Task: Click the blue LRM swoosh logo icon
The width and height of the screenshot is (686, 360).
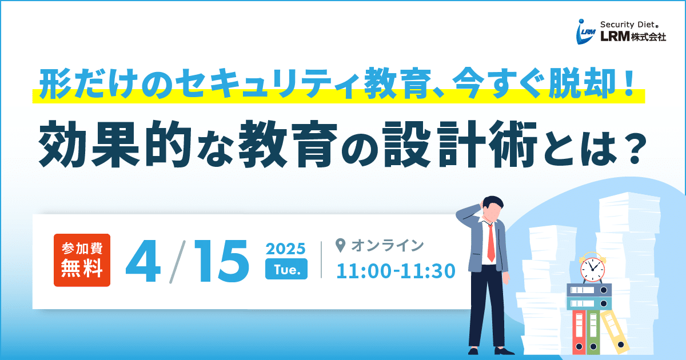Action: point(585,32)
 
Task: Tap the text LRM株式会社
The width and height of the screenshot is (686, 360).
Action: point(633,37)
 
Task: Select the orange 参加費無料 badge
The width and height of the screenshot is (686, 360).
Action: point(82,260)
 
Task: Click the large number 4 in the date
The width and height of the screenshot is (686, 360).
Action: point(143,261)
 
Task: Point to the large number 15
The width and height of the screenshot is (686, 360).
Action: point(221,261)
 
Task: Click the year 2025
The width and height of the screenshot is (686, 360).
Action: point(285,249)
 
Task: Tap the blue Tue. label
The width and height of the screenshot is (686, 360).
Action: point(286,269)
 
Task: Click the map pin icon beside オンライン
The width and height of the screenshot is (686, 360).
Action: point(341,246)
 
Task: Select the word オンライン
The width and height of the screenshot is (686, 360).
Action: point(388,246)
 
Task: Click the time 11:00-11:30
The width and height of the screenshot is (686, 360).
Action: point(396,271)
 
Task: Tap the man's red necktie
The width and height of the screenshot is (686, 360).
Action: point(490,243)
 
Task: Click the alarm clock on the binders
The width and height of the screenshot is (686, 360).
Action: point(593,268)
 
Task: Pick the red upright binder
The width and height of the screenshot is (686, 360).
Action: point(579,333)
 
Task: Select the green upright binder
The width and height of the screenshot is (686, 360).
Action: point(593,333)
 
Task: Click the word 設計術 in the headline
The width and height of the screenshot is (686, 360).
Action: point(460,144)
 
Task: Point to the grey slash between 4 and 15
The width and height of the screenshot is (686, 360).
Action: point(178,262)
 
